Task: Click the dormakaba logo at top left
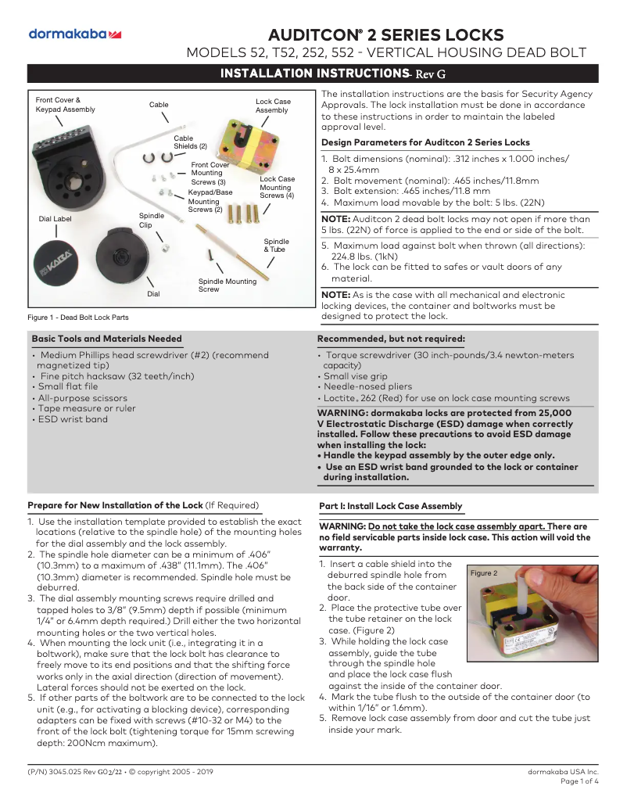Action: pos(74,34)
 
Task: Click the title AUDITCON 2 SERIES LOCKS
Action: pos(385,35)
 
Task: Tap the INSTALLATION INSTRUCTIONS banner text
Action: pos(310,74)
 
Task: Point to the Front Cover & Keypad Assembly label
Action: pos(65,105)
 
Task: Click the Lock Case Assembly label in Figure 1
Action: pos(273,106)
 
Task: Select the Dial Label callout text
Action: pos(55,219)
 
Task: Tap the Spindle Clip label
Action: pos(151,220)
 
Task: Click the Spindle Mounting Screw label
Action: pos(227,285)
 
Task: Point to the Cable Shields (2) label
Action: pos(190,142)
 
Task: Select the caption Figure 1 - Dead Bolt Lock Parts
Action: pos(78,318)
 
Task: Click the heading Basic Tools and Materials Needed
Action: pos(106,339)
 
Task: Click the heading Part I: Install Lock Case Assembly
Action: pos(391,506)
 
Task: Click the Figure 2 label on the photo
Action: pos(482,573)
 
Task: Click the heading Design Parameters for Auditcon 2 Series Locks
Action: pos(425,142)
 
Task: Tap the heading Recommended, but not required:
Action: pos(391,339)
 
